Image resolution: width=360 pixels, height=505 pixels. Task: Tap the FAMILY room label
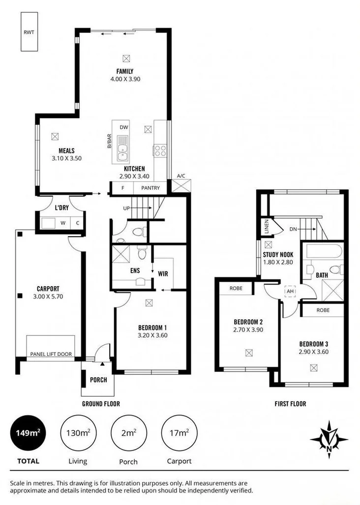[125, 71]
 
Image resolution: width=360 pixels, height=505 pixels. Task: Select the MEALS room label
[66, 151]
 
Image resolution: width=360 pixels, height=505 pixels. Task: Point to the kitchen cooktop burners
[160, 150]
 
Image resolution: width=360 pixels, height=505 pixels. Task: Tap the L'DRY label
[61, 208]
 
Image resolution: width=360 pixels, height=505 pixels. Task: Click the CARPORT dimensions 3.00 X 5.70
[48, 297]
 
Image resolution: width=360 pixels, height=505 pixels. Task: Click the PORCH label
[98, 380]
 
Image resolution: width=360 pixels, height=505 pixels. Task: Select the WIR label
[162, 270]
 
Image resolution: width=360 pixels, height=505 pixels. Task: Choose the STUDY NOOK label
[279, 255]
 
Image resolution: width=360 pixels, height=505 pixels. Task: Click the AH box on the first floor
[290, 291]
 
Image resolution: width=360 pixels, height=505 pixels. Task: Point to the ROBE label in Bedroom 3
[323, 311]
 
